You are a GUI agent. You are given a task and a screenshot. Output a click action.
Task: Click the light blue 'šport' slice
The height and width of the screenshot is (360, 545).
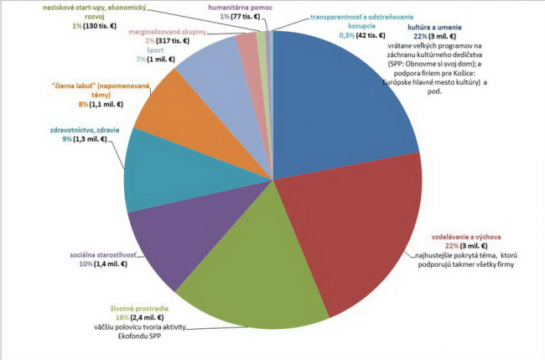(x=214, y=71)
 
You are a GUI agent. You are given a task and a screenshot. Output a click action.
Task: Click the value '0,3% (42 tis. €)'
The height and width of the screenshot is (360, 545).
(x=351, y=35)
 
